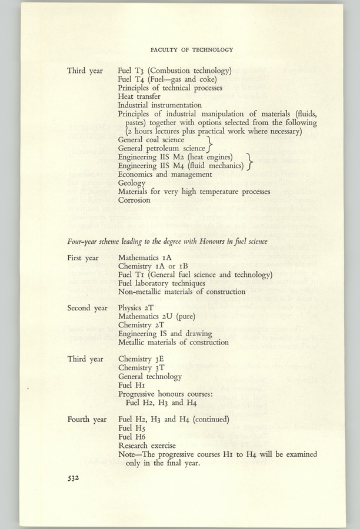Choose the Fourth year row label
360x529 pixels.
[x=86, y=420]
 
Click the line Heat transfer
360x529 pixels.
[x=139, y=96]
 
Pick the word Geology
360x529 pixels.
[x=132, y=183]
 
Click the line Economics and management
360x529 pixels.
[x=165, y=174]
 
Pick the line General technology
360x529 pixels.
[x=150, y=376]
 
